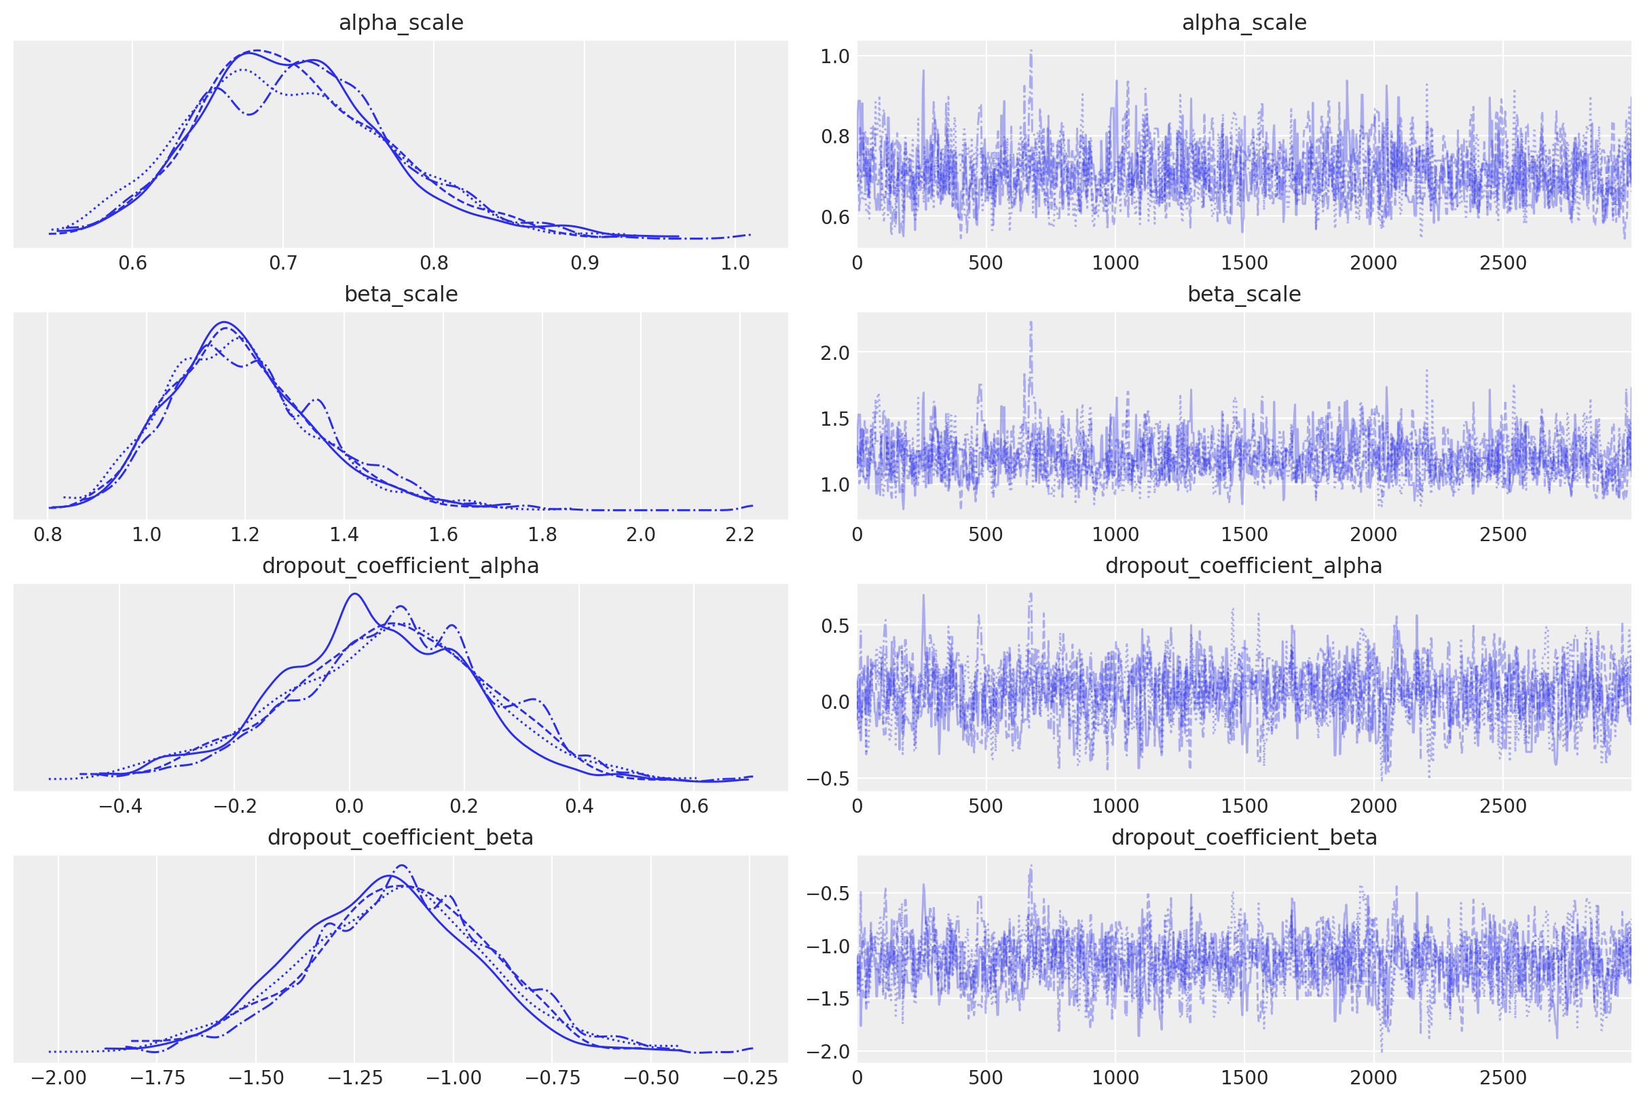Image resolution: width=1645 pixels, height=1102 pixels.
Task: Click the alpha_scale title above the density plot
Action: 401,23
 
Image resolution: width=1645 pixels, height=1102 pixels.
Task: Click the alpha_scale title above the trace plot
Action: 1244,23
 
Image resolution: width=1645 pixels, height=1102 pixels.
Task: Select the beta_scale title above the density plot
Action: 401,295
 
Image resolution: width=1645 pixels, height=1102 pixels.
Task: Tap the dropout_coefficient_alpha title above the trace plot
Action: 1244,566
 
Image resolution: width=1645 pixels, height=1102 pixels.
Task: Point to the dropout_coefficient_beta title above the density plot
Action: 401,838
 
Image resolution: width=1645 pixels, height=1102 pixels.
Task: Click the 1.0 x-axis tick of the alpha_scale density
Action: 735,263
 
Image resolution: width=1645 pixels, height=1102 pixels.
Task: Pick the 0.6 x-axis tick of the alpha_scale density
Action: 132,263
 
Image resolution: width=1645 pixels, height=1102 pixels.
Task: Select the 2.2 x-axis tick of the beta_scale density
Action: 740,535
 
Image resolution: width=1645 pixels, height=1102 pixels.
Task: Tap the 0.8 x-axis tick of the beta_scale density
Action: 47,535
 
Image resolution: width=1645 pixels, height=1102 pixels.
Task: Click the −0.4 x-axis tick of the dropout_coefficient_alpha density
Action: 119,806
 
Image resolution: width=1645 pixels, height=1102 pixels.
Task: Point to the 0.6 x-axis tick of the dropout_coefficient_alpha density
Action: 694,806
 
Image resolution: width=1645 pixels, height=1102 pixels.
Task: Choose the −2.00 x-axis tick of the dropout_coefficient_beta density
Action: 58,1078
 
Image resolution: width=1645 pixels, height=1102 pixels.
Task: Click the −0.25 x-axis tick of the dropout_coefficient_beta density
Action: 750,1078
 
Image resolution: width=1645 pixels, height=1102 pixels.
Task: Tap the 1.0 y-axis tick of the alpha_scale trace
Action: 835,56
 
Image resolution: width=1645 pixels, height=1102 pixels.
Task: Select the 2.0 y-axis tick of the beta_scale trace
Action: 835,353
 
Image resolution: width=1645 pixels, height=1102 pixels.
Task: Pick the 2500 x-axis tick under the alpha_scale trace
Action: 1502,263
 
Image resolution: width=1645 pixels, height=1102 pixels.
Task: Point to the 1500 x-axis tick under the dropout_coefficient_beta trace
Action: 1244,1078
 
